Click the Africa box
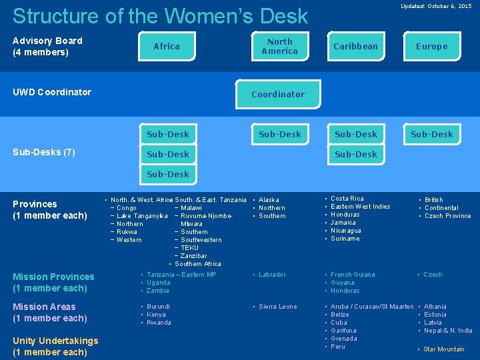pyautogui.click(x=167, y=46)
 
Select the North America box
pyautogui.click(x=279, y=46)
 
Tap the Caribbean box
pyautogui.click(x=355, y=46)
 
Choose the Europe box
pyautogui.click(x=431, y=46)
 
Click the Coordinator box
pyautogui.click(x=278, y=94)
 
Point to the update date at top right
pyautogui.click(x=435, y=6)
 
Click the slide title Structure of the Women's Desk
pyautogui.click(x=160, y=16)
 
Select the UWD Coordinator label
pyautogui.click(x=52, y=92)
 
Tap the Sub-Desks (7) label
pyautogui.click(x=44, y=153)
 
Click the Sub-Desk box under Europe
pyautogui.click(x=431, y=134)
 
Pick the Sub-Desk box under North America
pyautogui.click(x=279, y=134)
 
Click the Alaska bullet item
pyautogui.click(x=269, y=200)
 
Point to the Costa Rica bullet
pyautogui.click(x=347, y=199)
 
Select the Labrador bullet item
pyautogui.click(x=272, y=275)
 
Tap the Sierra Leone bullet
pyautogui.click(x=277, y=307)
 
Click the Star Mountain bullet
pyautogui.click(x=444, y=349)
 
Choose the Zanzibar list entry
pyautogui.click(x=193, y=256)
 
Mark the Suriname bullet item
pyautogui.click(x=345, y=239)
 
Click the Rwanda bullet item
pyautogui.click(x=159, y=323)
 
